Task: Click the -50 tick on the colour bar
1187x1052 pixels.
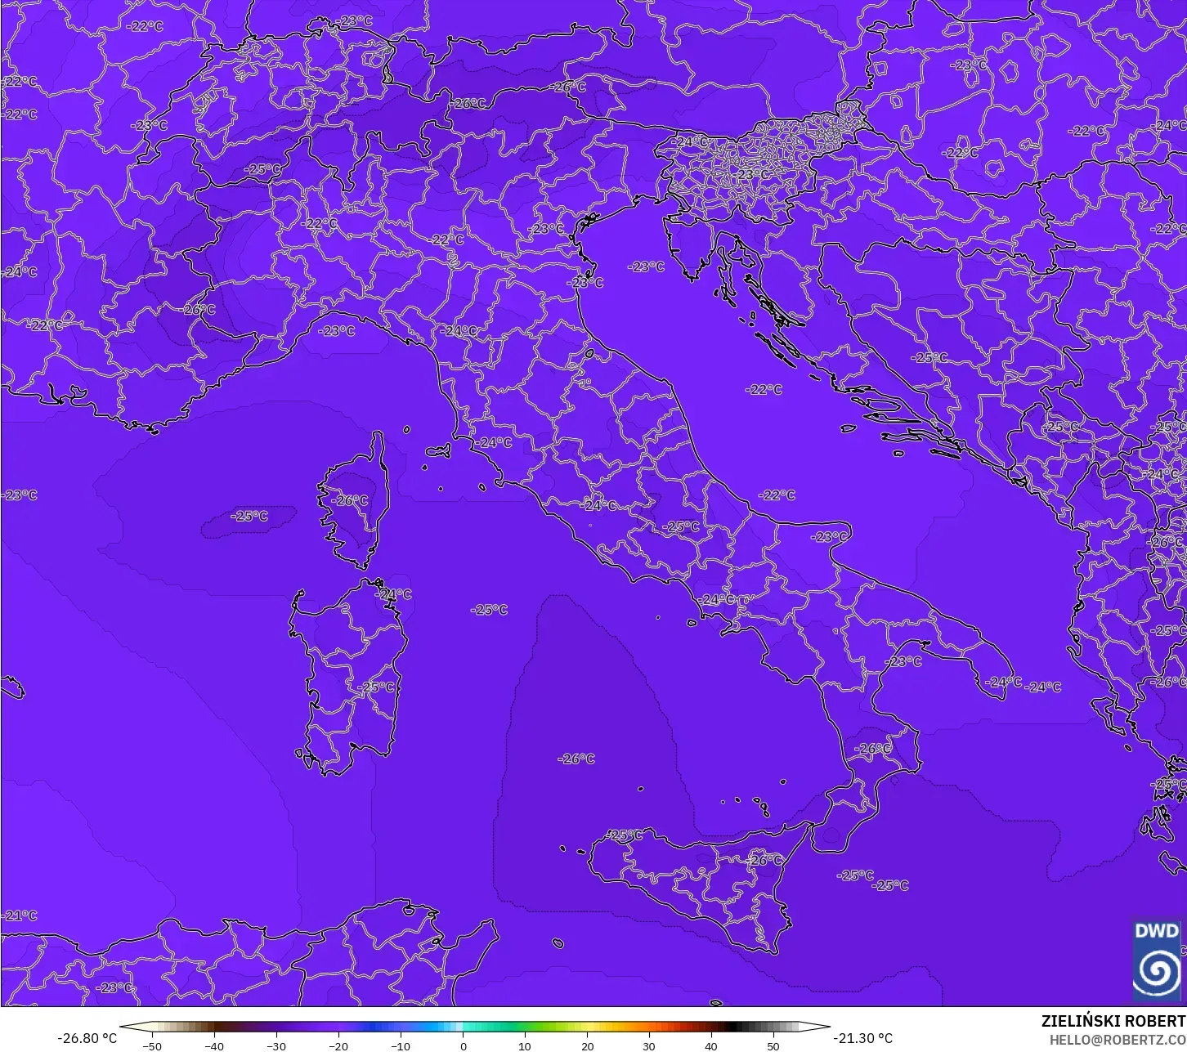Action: [152, 1045]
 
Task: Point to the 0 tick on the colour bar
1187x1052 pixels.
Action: [463, 1045]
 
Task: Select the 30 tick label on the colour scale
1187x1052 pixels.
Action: [649, 1045]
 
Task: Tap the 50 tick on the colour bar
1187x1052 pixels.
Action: [773, 1045]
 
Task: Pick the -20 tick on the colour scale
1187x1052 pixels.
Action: [338, 1045]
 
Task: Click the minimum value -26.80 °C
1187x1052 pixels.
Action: [87, 1038]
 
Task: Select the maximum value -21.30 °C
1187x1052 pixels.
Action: [863, 1038]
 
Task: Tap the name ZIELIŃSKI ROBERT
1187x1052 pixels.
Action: [1113, 1021]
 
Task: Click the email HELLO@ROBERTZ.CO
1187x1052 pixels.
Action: [1118, 1039]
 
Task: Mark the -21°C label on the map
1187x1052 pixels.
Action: [20, 915]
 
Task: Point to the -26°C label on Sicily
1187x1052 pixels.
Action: [764, 860]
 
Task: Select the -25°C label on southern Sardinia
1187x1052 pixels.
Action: [377, 687]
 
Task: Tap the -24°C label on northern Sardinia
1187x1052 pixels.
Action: [394, 594]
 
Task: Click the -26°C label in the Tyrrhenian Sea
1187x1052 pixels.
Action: [576, 759]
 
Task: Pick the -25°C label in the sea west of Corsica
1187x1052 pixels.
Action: [249, 516]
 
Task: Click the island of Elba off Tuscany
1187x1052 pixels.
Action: [437, 450]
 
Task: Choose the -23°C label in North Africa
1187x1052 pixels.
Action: [114, 987]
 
